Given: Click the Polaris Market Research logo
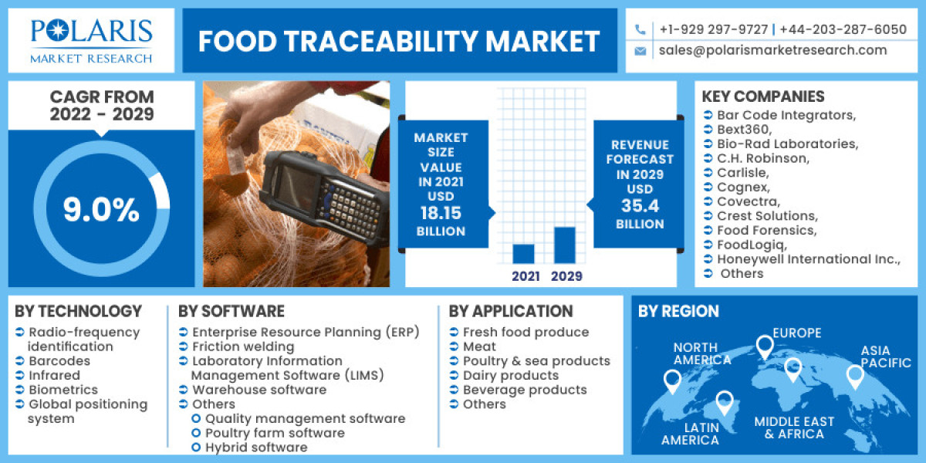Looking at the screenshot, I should pos(91,40).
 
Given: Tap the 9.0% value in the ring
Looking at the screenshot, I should pos(101,210).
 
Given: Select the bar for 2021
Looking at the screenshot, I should pos(523,254).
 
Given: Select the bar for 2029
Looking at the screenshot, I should pos(565,245).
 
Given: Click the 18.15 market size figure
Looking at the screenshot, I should pos(442,213).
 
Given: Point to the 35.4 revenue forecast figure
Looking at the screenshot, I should pos(639,206).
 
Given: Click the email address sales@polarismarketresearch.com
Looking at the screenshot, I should pos(772,50).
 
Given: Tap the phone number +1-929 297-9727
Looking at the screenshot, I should pos(714,29).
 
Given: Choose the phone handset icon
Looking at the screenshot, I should pos(640,29).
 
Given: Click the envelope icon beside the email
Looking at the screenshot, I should pos(640,51).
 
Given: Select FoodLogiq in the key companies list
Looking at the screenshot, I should pos(749,245).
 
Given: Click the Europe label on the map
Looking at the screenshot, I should pos(797,333).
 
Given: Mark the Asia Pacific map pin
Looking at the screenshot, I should pos(854,377).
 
